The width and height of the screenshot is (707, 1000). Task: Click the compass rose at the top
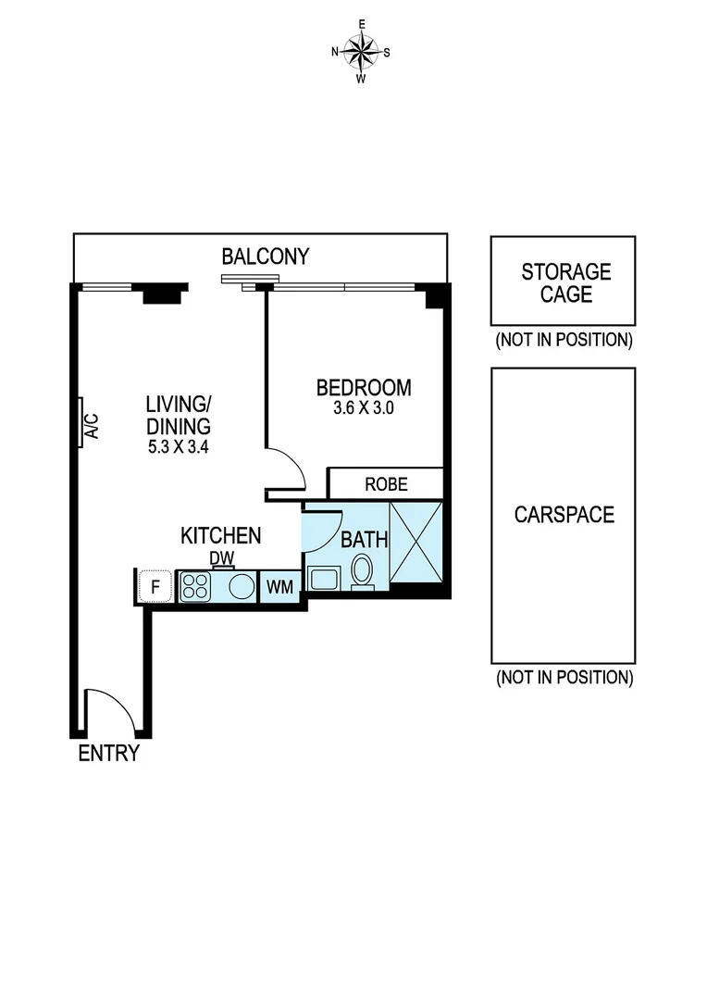tap(361, 52)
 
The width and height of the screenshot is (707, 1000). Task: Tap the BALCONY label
tap(265, 256)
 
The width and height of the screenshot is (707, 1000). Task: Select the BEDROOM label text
tap(364, 387)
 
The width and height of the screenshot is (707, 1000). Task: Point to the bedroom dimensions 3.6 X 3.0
tap(364, 408)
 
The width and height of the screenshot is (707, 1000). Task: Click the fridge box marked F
tap(155, 586)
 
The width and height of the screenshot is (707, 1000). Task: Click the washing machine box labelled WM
tap(280, 587)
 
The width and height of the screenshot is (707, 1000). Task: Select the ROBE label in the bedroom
tap(386, 484)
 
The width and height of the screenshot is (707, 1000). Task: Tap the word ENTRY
tap(108, 753)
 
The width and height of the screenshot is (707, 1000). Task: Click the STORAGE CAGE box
tap(563, 281)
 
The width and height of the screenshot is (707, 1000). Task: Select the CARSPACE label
tap(564, 515)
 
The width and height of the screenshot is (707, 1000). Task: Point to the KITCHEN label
tap(220, 535)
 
